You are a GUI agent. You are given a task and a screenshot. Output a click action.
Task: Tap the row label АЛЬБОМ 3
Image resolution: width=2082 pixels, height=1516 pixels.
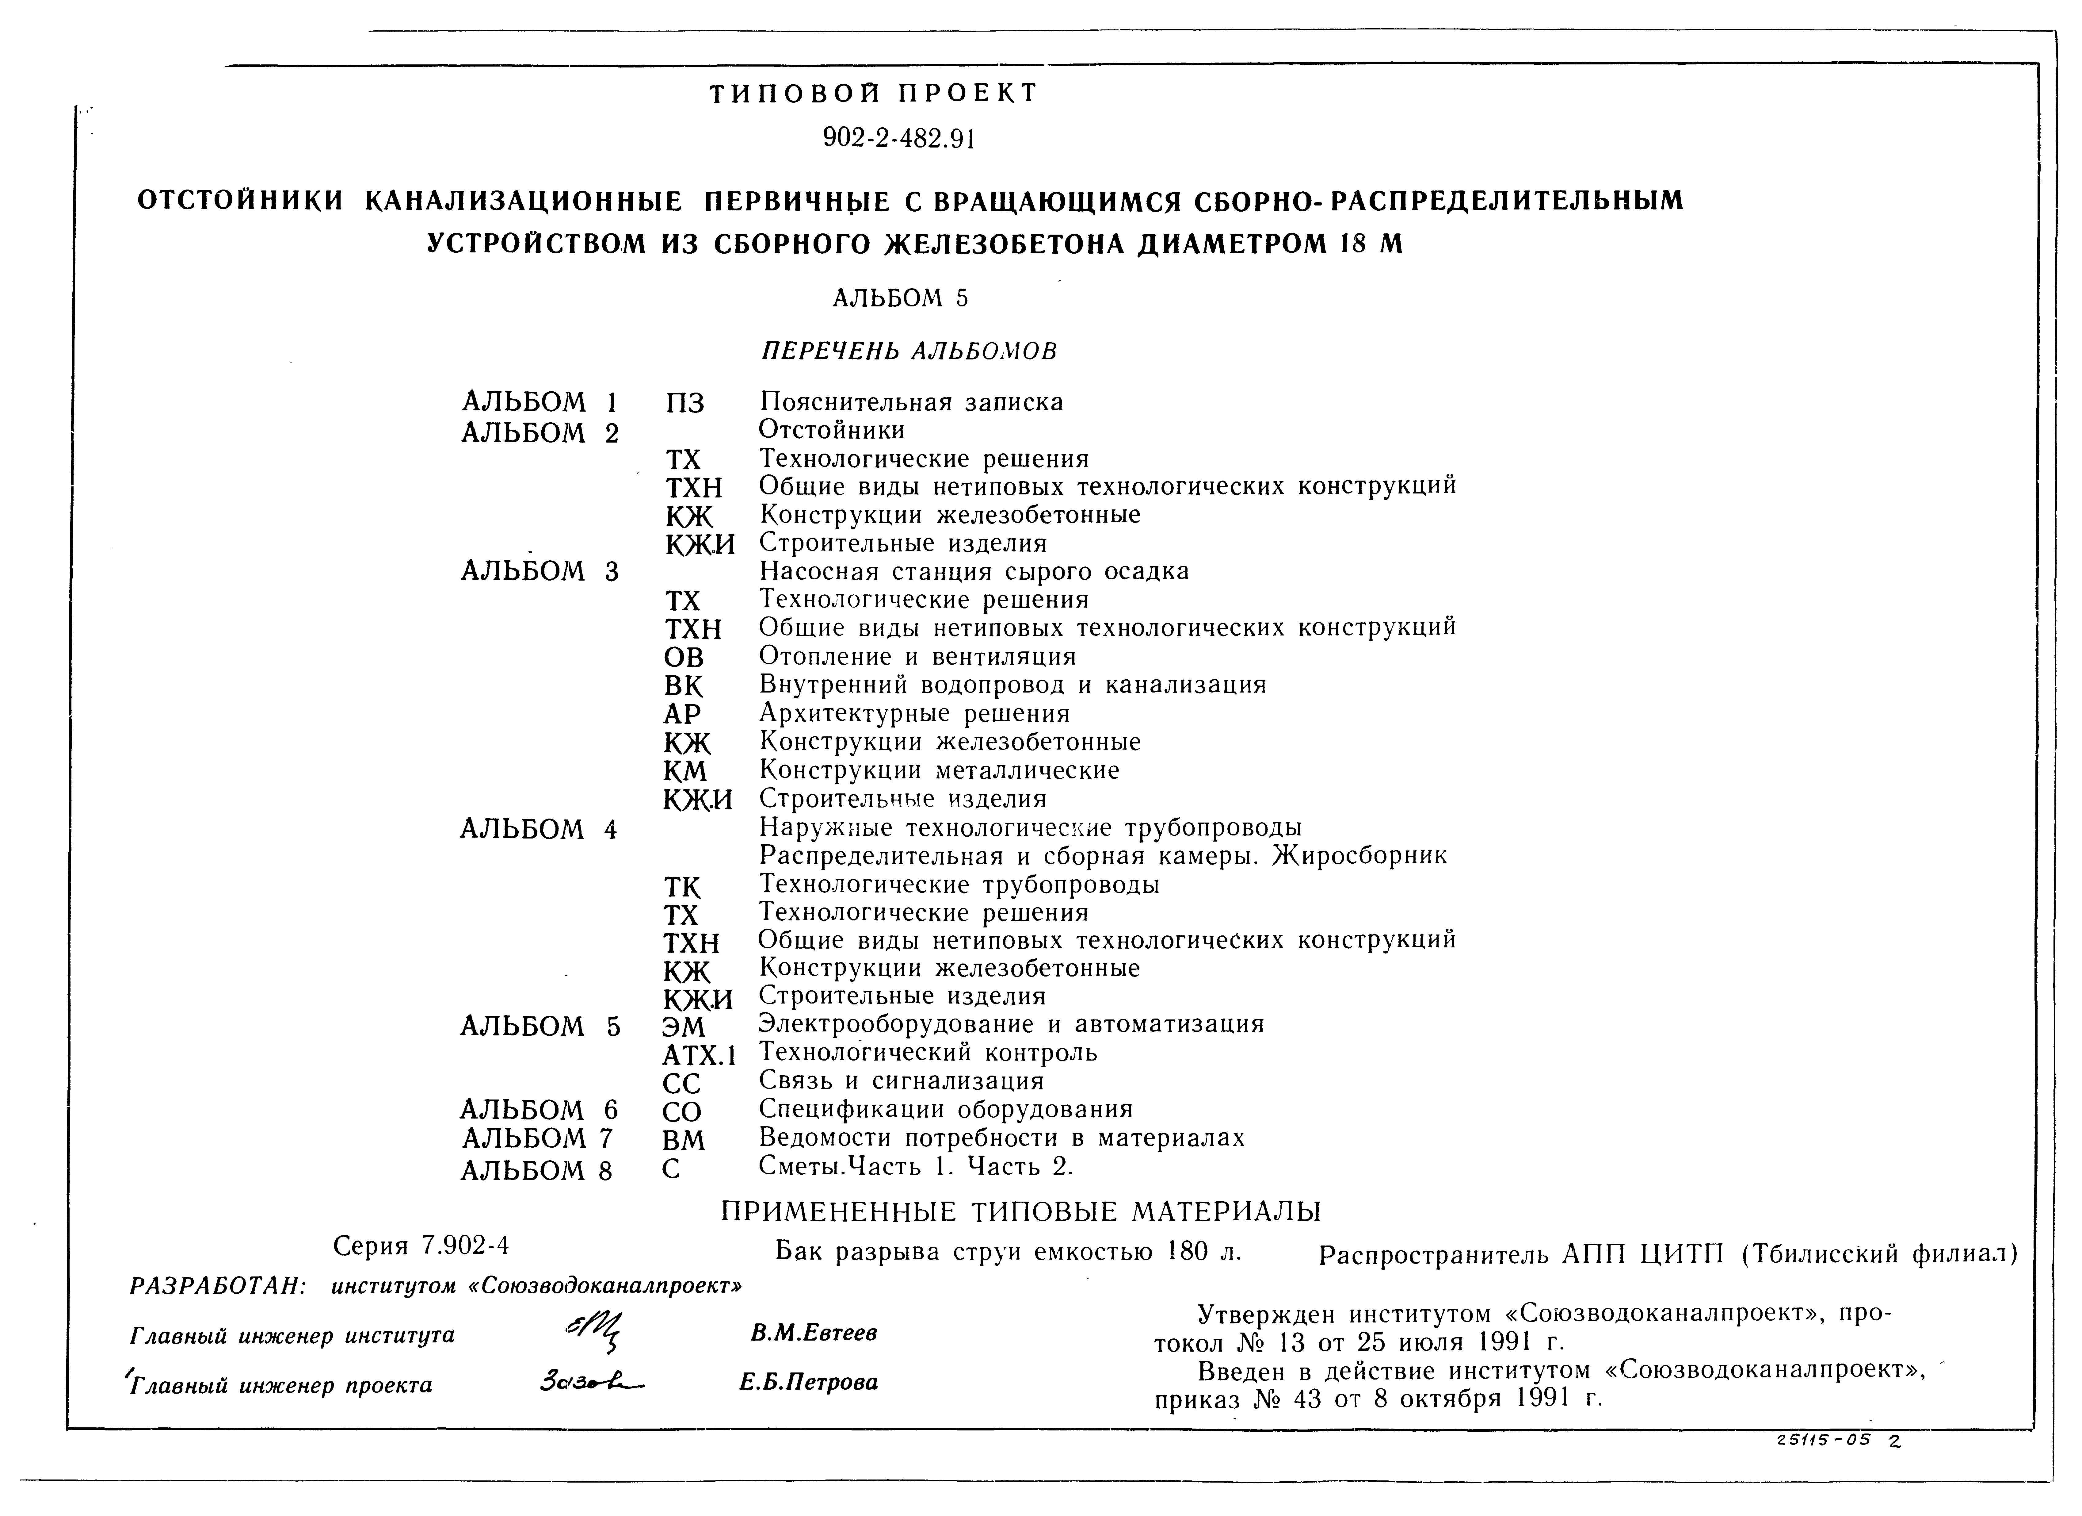(x=540, y=572)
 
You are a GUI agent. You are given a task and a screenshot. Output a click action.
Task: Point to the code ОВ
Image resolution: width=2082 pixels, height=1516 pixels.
(x=683, y=658)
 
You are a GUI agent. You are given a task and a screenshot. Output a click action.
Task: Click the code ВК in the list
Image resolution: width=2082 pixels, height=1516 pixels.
(x=683, y=686)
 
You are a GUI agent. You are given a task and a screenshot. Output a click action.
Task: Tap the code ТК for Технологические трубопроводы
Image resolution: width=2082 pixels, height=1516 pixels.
(x=682, y=887)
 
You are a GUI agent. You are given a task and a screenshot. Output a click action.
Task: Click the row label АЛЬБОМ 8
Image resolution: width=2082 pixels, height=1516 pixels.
(x=536, y=1171)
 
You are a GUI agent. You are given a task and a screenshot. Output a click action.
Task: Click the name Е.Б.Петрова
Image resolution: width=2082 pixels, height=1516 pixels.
(x=809, y=1382)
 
